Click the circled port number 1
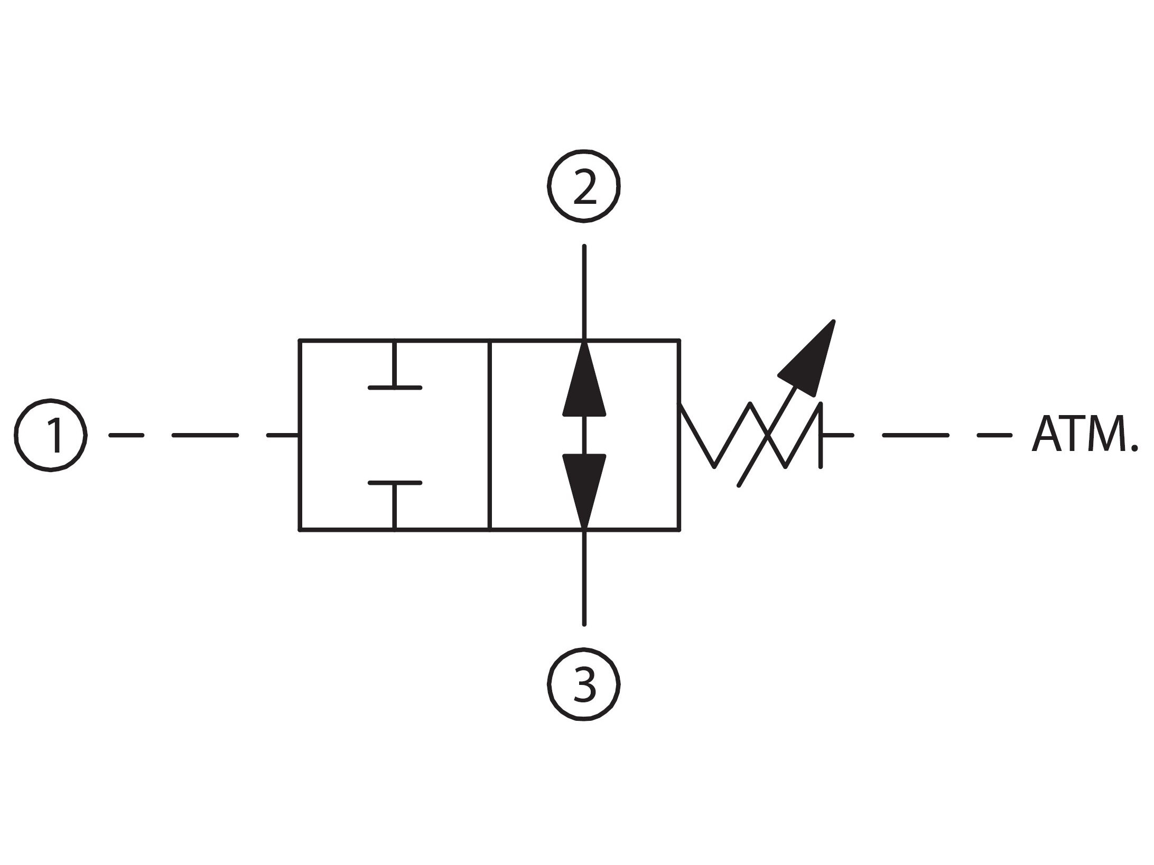(50, 435)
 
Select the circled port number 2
(583, 186)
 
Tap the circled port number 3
(583, 684)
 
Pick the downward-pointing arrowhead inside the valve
(584, 488)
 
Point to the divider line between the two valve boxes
(490, 435)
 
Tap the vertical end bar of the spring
(821, 435)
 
